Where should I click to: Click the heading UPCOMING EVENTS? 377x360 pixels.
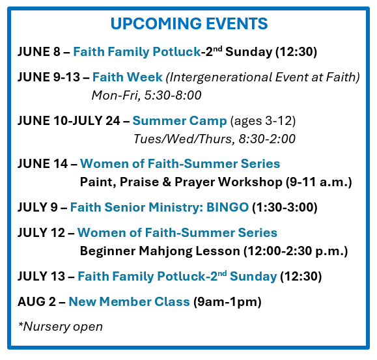pos(189,23)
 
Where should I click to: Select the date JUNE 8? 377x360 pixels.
pos(39,51)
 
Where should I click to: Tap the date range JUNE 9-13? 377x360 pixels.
pos(49,77)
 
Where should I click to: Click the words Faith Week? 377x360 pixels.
pos(128,77)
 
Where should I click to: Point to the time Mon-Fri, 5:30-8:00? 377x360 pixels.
pos(147,96)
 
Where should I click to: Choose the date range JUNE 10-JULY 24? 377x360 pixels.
pos(69,120)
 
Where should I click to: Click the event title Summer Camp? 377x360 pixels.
pos(180,121)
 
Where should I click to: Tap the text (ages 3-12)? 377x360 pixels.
pos(263,121)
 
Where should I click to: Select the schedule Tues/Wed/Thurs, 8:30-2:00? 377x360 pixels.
pos(214,139)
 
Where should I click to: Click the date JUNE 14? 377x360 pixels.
pos(42,164)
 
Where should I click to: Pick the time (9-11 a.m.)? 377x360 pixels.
pos(319,182)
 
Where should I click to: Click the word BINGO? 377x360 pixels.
pos(227,208)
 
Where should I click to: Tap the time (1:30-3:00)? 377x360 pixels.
pos(285,208)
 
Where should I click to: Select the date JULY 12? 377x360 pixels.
pos(42,233)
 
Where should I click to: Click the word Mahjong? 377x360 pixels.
pos(165,251)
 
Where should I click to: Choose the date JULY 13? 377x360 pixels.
pos(42,277)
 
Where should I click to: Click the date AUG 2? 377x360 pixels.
pos(36,302)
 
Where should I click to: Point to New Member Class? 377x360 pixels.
pos(129,302)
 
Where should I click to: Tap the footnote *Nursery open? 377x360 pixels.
pos(61,327)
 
